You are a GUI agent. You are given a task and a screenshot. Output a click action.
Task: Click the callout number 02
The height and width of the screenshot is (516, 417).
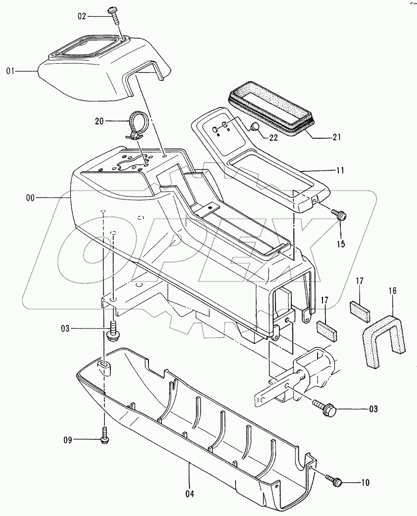click(x=82, y=16)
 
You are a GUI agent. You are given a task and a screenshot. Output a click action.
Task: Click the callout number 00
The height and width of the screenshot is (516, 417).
click(x=31, y=198)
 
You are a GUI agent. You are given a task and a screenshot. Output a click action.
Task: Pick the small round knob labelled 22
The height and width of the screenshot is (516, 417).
click(x=255, y=127)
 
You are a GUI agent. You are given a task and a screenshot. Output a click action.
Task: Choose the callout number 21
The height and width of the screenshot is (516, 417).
click(x=336, y=137)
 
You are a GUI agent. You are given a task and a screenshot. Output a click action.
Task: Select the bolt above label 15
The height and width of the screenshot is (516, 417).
click(x=340, y=215)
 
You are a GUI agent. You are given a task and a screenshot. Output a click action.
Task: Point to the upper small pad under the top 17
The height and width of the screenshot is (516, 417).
click(x=359, y=309)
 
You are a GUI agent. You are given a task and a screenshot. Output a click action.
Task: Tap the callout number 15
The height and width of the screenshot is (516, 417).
click(x=341, y=244)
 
